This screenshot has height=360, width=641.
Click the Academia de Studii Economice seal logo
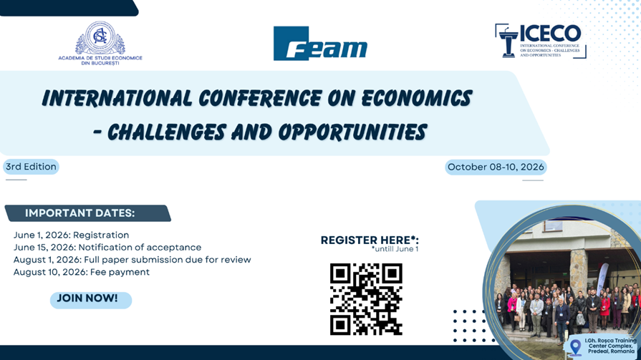100,38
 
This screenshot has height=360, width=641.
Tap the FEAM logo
320,44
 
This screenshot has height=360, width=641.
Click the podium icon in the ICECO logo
508,42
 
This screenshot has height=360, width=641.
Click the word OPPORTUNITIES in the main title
353,132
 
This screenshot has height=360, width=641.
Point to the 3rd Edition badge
31,167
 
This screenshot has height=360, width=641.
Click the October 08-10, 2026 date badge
496,167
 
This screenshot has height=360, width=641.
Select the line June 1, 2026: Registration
71,235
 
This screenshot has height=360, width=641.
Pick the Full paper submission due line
132,260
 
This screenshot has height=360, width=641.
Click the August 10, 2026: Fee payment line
82,272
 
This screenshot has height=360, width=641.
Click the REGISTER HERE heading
370,240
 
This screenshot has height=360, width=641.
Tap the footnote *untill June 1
395,249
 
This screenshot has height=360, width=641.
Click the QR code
366,299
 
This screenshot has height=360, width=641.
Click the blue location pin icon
576,347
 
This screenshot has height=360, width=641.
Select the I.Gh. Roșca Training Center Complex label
611,346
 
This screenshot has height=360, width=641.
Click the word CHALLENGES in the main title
166,132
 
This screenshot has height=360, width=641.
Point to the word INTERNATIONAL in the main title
117,98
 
